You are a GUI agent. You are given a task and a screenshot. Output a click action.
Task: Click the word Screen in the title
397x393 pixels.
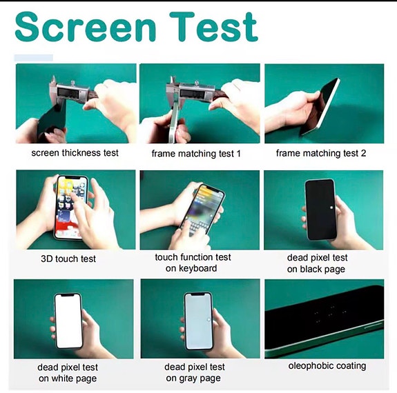point(86,27)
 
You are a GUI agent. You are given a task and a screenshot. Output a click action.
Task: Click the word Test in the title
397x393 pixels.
point(214,27)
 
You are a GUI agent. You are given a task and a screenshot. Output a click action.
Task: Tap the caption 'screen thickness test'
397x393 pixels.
point(75,153)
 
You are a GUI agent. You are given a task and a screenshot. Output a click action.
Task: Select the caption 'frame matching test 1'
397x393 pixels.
point(196,154)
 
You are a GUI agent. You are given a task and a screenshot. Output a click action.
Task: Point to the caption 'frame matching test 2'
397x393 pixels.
point(321,153)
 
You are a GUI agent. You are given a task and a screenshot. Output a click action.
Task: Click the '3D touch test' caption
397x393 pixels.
point(68,259)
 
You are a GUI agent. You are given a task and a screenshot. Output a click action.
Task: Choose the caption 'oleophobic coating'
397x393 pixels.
point(327,365)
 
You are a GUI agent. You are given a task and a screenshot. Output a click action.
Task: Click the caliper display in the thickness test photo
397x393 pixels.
point(69,92)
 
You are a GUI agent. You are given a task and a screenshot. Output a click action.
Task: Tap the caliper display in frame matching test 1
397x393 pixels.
point(191,93)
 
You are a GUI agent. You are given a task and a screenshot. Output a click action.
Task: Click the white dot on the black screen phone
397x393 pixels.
point(331,208)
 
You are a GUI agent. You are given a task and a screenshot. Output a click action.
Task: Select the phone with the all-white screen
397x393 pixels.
point(68,321)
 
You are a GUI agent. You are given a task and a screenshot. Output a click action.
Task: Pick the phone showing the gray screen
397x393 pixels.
point(198,321)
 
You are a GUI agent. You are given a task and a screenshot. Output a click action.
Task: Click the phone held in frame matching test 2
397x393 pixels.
point(320,107)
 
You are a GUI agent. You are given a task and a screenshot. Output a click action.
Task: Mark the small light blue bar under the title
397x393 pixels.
point(33,58)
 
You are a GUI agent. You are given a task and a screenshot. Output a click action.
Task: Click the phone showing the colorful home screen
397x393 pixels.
point(72,207)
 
